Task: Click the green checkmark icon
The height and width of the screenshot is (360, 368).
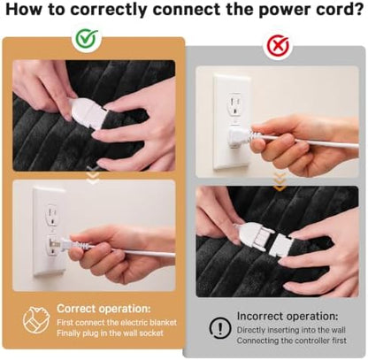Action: click(x=87, y=39)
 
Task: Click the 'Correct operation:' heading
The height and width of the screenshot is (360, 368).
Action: click(x=103, y=309)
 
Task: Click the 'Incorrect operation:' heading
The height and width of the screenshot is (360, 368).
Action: click(x=287, y=316)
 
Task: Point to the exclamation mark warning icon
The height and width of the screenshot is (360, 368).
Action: click(x=220, y=328)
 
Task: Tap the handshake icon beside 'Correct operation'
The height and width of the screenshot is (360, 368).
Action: click(x=36, y=319)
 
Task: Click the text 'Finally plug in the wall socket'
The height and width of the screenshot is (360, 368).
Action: click(x=110, y=333)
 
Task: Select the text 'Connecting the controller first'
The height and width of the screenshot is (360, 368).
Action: click(x=292, y=341)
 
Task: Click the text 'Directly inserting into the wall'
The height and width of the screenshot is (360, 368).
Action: click(x=291, y=330)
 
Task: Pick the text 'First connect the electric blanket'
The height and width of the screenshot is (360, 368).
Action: click(x=117, y=322)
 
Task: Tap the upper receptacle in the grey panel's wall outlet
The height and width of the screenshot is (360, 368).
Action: click(x=235, y=104)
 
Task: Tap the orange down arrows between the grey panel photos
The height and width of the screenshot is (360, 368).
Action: click(x=280, y=182)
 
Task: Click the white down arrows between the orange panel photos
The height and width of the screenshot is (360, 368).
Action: click(x=94, y=175)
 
